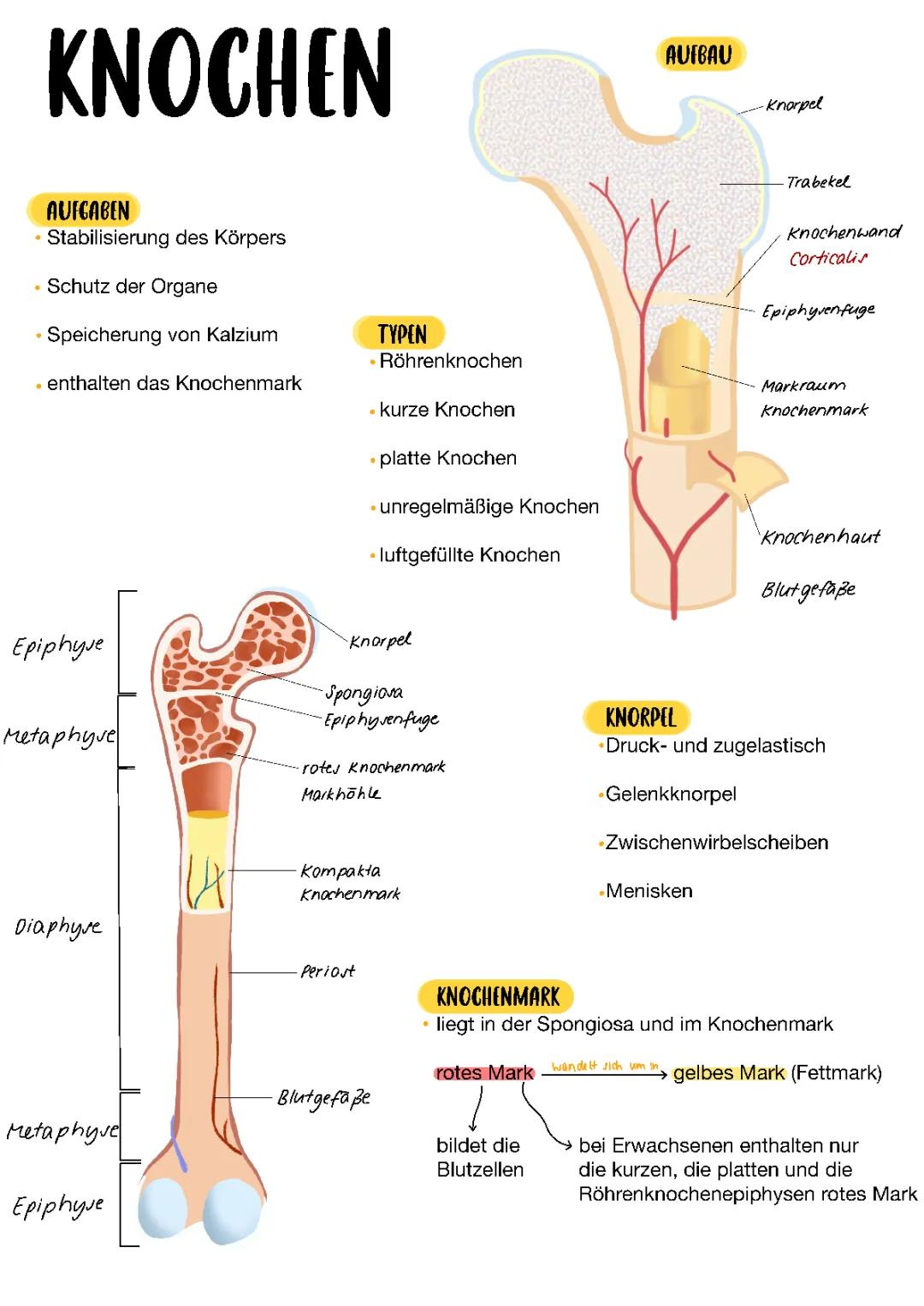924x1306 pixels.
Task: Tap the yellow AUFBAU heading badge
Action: point(699,55)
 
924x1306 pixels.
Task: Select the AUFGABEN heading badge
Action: point(86,210)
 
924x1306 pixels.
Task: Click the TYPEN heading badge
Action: point(401,334)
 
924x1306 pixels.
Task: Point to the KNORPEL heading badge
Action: point(640,718)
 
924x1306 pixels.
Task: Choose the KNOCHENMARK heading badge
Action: point(497,996)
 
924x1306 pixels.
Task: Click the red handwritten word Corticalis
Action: point(827,257)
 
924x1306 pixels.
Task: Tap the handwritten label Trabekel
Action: point(818,181)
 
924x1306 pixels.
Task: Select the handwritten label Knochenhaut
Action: point(820,537)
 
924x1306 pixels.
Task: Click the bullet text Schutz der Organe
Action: point(132,287)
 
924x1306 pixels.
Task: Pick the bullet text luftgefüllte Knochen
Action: point(469,555)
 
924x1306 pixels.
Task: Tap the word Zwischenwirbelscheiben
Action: point(716,842)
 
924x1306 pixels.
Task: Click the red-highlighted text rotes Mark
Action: point(484,1073)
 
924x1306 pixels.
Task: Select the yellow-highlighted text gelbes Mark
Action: point(729,1073)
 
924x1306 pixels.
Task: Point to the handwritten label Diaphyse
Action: point(57,927)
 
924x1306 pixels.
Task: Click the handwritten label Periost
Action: point(327,972)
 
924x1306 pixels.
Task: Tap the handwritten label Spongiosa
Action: point(364,692)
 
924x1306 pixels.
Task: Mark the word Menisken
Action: point(649,891)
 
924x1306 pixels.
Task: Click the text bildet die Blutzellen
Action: point(479,1157)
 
